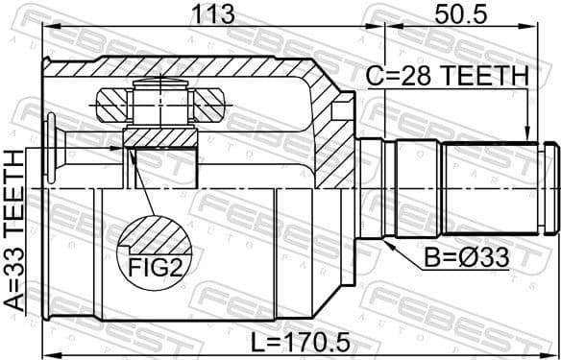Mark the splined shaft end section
490,187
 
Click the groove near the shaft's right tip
545,187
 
